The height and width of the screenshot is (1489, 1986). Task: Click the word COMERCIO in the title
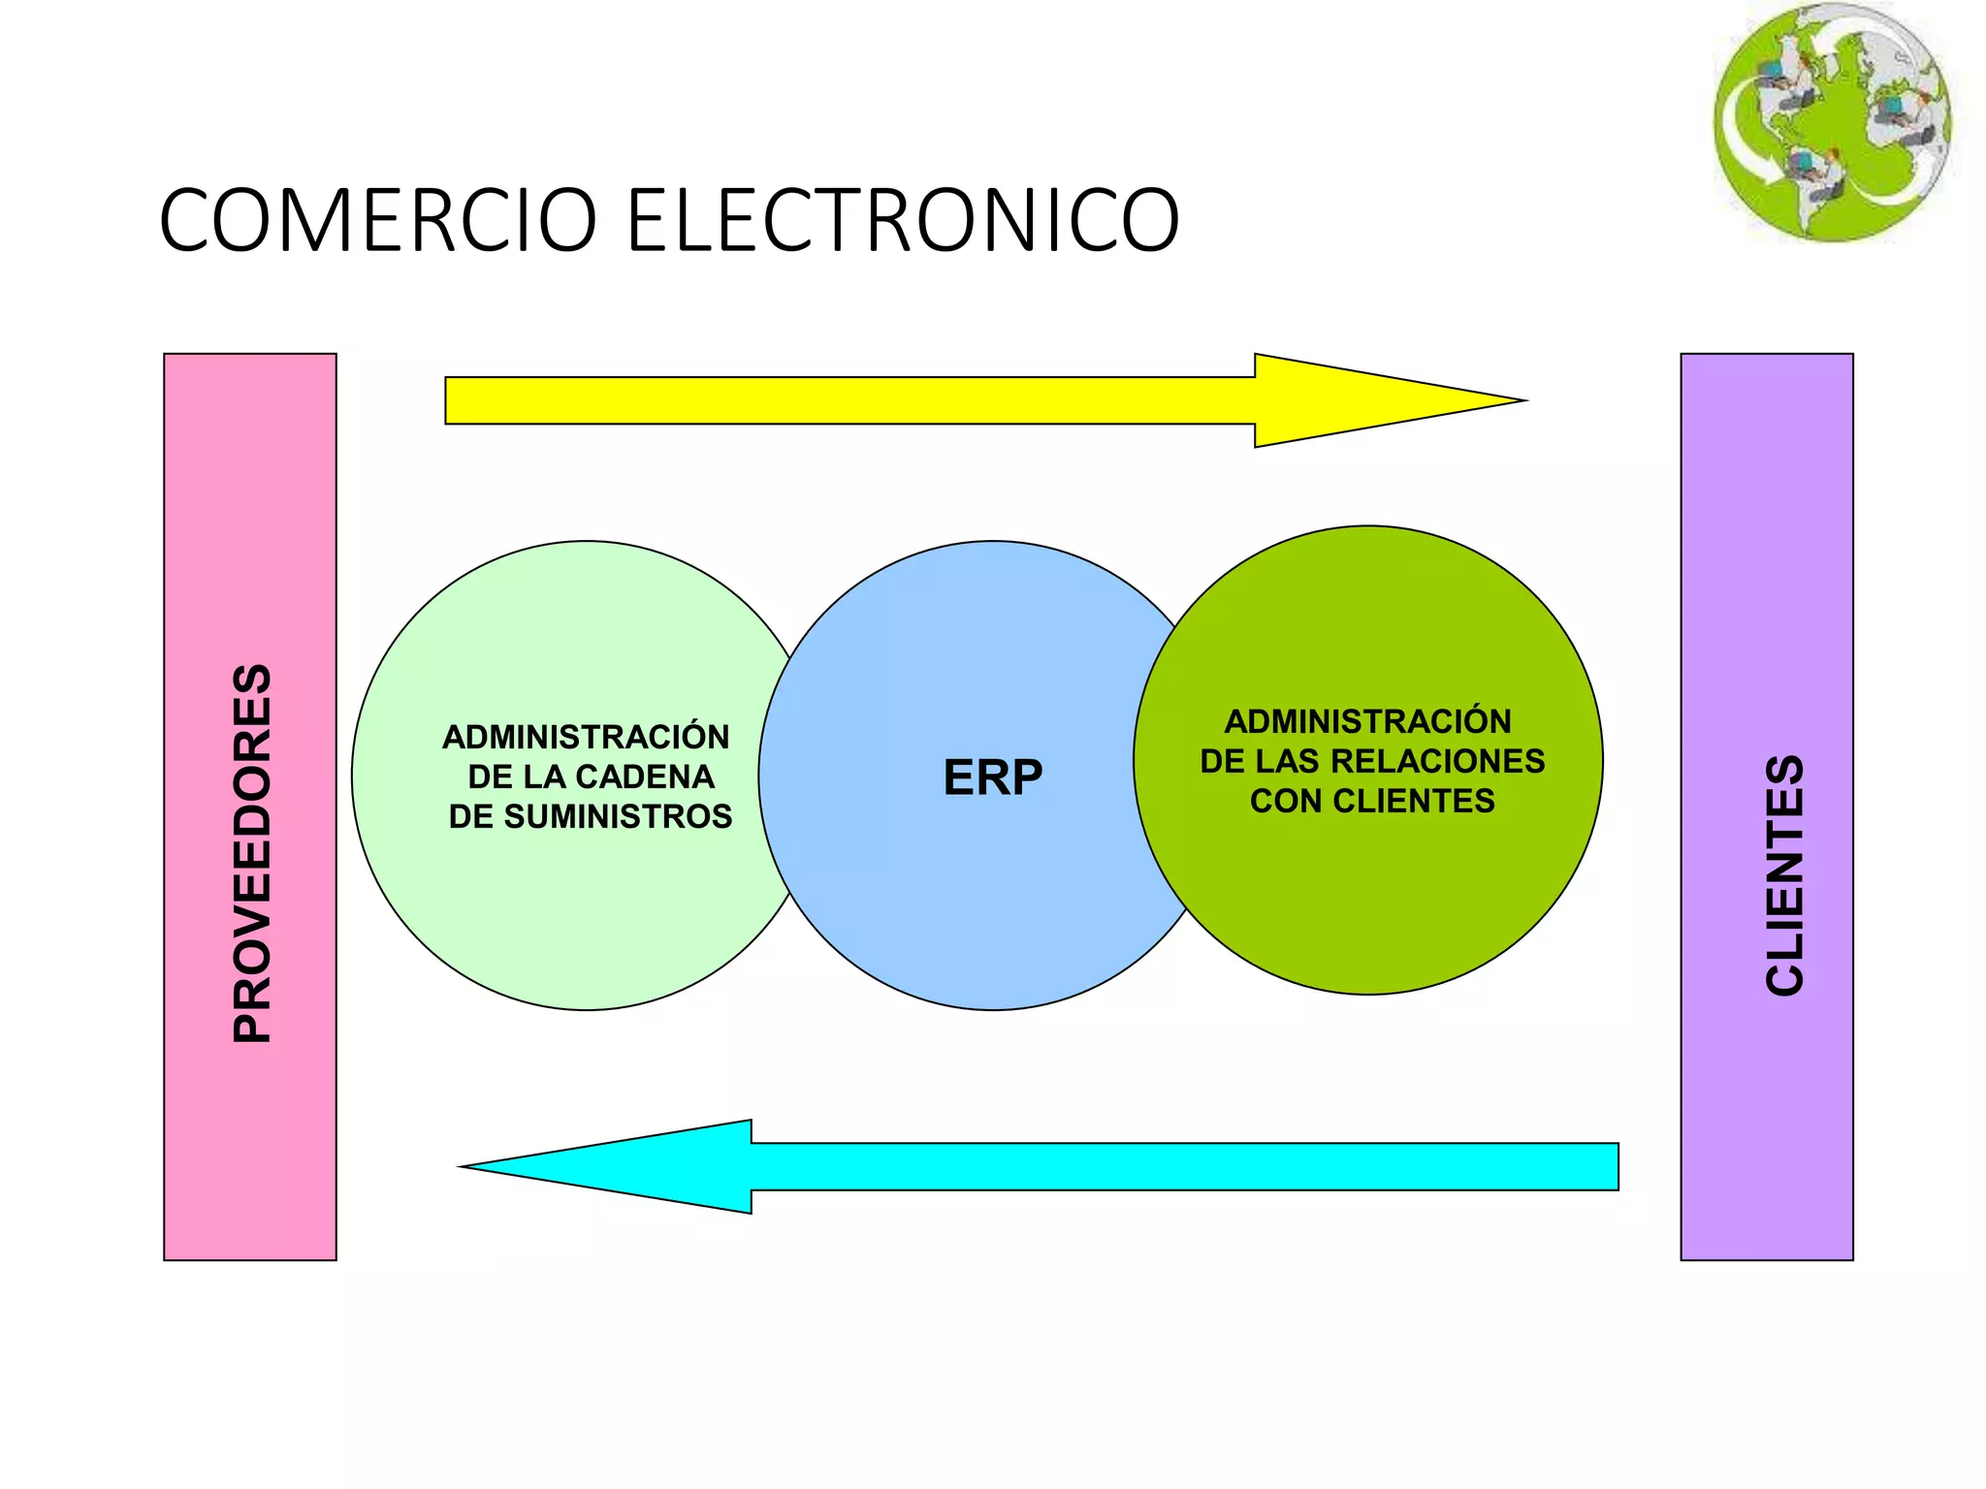click(x=378, y=220)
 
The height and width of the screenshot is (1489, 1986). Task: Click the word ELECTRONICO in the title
click(x=903, y=220)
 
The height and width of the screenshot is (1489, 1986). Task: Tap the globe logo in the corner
click(x=1832, y=122)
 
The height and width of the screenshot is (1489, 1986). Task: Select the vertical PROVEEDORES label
click(x=252, y=853)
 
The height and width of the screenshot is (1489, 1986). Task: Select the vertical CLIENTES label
click(x=1784, y=875)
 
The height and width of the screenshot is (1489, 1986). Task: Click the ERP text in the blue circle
click(x=993, y=777)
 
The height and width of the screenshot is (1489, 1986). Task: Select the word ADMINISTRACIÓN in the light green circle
click(x=586, y=738)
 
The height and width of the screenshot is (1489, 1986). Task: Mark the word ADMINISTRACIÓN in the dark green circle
click(x=1367, y=722)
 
